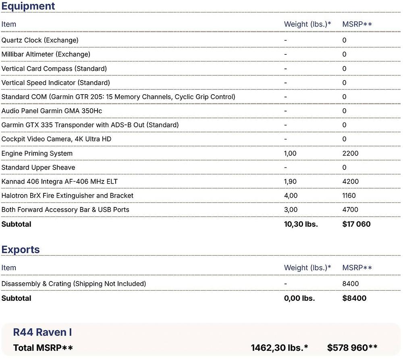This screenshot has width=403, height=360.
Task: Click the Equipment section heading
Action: coord(28,6)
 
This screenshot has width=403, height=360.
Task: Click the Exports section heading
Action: coord(21,249)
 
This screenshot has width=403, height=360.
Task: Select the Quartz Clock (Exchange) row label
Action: coord(40,40)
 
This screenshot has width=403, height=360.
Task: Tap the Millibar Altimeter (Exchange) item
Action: coord(46,54)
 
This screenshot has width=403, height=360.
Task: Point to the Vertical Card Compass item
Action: coord(54,68)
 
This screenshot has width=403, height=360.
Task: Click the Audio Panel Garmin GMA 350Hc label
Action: coord(54,111)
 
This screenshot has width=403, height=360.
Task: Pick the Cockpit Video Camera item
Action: coord(56,139)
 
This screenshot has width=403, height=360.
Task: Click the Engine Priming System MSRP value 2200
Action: coord(350,153)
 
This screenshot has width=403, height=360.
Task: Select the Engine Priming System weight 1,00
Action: coord(290,153)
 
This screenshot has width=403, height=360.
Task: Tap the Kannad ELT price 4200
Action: coord(350,182)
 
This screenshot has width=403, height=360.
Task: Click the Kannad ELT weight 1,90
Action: coord(290,182)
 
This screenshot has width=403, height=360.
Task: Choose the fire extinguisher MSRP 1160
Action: coord(349,196)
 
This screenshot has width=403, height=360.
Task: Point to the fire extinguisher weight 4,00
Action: coord(291,196)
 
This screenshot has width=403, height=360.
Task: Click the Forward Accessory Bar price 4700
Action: coord(350,210)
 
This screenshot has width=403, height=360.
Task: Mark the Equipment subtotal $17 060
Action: coord(356,224)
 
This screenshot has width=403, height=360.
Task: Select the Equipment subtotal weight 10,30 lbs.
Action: coord(301,224)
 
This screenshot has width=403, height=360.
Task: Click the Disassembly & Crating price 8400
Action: coord(350,284)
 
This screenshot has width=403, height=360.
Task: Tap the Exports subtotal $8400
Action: coord(354,298)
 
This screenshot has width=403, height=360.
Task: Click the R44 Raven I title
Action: coord(42,332)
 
